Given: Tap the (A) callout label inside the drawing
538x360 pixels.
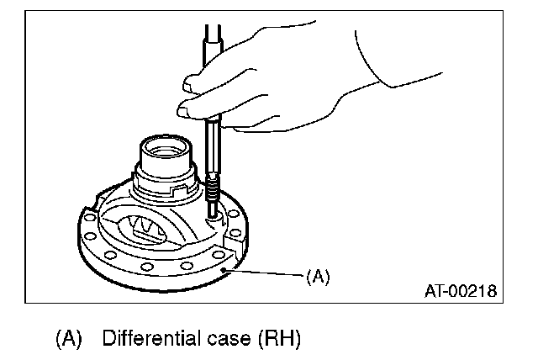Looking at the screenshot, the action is pyautogui.click(x=316, y=276).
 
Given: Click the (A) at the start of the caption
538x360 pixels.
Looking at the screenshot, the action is pyautogui.click(x=68, y=340).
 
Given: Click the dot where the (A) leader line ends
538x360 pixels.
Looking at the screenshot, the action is pyautogui.click(x=224, y=271).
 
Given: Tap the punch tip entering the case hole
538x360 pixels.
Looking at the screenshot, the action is pyautogui.click(x=214, y=214).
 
